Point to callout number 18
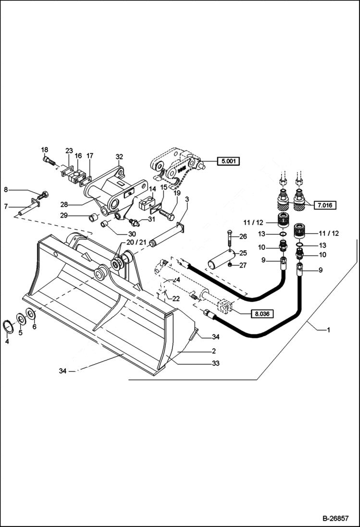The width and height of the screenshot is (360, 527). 45,150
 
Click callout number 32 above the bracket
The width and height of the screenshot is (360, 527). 120,157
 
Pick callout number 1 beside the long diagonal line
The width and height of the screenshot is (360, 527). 329,330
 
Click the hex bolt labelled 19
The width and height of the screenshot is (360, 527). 166,211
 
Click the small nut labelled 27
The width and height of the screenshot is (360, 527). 231,265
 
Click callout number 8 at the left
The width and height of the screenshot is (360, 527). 6,190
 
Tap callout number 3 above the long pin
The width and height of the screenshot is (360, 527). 186,199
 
